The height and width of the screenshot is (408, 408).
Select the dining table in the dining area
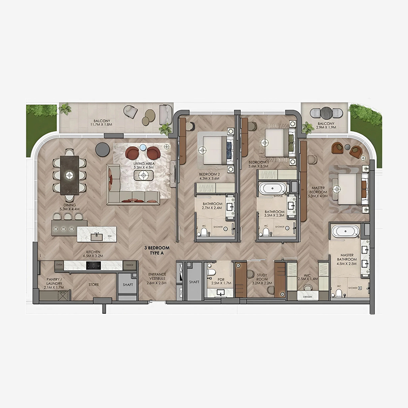coord(70,175)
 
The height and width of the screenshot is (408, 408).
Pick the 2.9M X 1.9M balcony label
coord(326,126)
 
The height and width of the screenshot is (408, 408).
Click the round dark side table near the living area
coord(102,148)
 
